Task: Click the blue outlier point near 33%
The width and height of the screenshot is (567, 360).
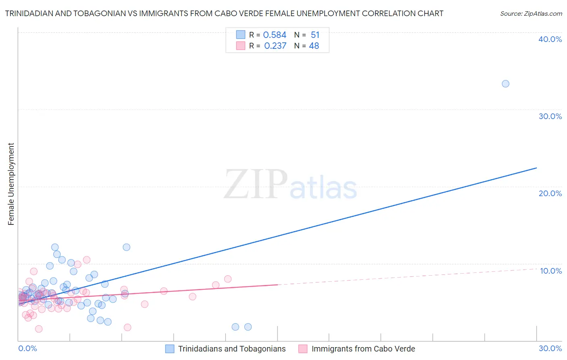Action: (505, 84)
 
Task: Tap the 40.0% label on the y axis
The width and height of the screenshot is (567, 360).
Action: (550, 39)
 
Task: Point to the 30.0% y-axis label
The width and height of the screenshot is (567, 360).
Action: (550, 116)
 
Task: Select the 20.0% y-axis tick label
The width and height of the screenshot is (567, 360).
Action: (550, 193)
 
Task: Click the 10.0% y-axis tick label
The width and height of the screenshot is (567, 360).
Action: (551, 271)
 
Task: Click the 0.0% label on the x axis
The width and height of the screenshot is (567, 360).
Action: (27, 348)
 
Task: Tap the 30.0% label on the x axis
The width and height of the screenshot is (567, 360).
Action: (550, 348)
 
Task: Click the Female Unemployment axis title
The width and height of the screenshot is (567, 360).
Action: (11, 184)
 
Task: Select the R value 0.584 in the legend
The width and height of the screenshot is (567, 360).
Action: (275, 35)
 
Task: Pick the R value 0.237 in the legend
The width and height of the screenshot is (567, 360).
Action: (275, 46)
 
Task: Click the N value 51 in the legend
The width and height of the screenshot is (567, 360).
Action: (315, 35)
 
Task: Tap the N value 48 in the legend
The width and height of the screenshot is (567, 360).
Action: (314, 46)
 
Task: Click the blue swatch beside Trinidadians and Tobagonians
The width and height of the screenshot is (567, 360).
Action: (170, 349)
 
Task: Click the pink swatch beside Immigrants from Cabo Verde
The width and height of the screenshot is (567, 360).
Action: (303, 349)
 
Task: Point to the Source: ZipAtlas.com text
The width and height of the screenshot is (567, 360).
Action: (531, 14)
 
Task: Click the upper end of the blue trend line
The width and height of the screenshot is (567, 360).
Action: (536, 168)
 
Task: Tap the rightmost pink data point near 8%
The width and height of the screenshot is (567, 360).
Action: (227, 279)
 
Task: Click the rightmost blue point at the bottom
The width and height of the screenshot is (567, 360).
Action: (248, 327)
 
